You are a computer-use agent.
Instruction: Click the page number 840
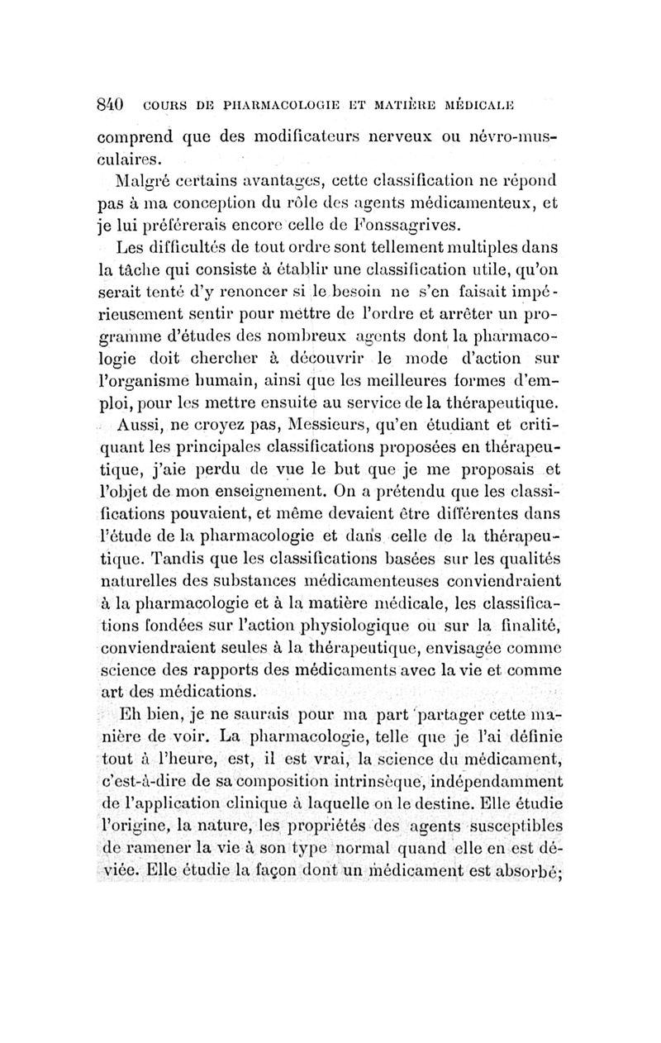111,106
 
